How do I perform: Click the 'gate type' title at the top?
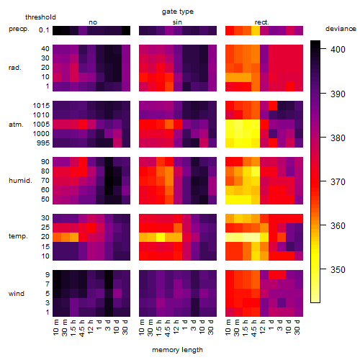pyautogui.click(x=178, y=12)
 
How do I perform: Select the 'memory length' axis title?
pyautogui.click(x=178, y=350)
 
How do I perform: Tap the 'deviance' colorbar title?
pyautogui.click(x=341, y=29)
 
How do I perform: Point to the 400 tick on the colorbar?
pyautogui.click(x=338, y=49)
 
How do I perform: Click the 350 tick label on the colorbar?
pyautogui.click(x=338, y=269)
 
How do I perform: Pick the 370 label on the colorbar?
pyautogui.click(x=338, y=181)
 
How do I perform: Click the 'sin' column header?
pyautogui.click(x=177, y=22)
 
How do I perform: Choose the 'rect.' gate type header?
pyautogui.click(x=262, y=22)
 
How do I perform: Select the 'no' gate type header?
pyautogui.click(x=93, y=22)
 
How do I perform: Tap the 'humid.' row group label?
pyautogui.click(x=20, y=181)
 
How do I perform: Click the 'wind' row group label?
pyautogui.click(x=17, y=294)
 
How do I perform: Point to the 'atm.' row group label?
pyautogui.click(x=16, y=125)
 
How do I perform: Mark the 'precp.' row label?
pyautogui.click(x=19, y=29)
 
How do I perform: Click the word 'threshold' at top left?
pyautogui.click(x=40, y=17)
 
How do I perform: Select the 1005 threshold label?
pyautogui.click(x=41, y=125)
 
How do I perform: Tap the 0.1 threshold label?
pyautogui.click(x=44, y=30)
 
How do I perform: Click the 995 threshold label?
pyautogui.click(x=43, y=143)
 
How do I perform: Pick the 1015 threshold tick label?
pyautogui.click(x=41, y=106)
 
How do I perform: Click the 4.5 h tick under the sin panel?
pyautogui.click(x=168, y=328)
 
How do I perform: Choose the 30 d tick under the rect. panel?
pyautogui.click(x=297, y=327)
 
